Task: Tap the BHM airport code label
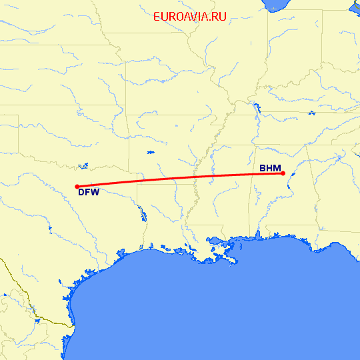(x=270, y=168)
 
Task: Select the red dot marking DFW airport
(x=77, y=187)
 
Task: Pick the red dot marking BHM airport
(x=283, y=173)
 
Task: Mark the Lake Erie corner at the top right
(x=355, y=7)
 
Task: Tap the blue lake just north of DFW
(x=83, y=165)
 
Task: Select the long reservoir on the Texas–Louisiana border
(x=141, y=213)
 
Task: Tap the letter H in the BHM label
(x=270, y=168)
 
